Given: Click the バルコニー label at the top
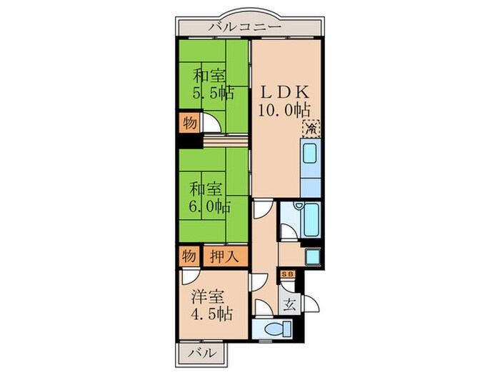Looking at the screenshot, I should (x=246, y=28).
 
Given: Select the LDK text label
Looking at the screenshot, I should (x=283, y=92).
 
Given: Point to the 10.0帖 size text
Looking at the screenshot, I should (x=284, y=110).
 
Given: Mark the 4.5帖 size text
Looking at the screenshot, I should (x=209, y=313).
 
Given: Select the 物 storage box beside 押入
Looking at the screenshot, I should (x=189, y=255).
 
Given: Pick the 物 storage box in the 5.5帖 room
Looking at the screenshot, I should (x=189, y=122).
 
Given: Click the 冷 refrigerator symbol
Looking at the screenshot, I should (x=311, y=129).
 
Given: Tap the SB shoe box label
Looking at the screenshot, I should (x=288, y=274).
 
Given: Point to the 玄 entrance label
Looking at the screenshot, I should (x=289, y=304).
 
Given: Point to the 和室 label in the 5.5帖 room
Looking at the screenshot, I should (x=210, y=74).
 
